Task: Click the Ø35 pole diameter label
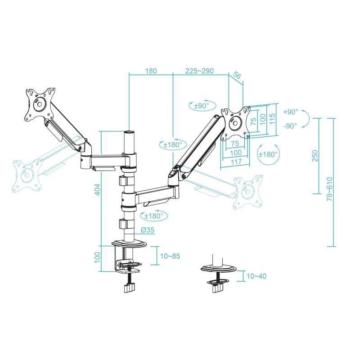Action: pyautogui.click(x=147, y=229)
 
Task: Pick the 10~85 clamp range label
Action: pyautogui.click(x=170, y=256)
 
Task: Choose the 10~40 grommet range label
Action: pyautogui.click(x=256, y=276)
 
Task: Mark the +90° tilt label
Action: pyautogui.click(x=290, y=112)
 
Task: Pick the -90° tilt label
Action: pyautogui.click(x=290, y=126)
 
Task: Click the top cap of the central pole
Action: pyautogui.click(x=129, y=133)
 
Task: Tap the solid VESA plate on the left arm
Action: pyautogui.click(x=39, y=104)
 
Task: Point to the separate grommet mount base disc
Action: pyautogui.click(x=218, y=269)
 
